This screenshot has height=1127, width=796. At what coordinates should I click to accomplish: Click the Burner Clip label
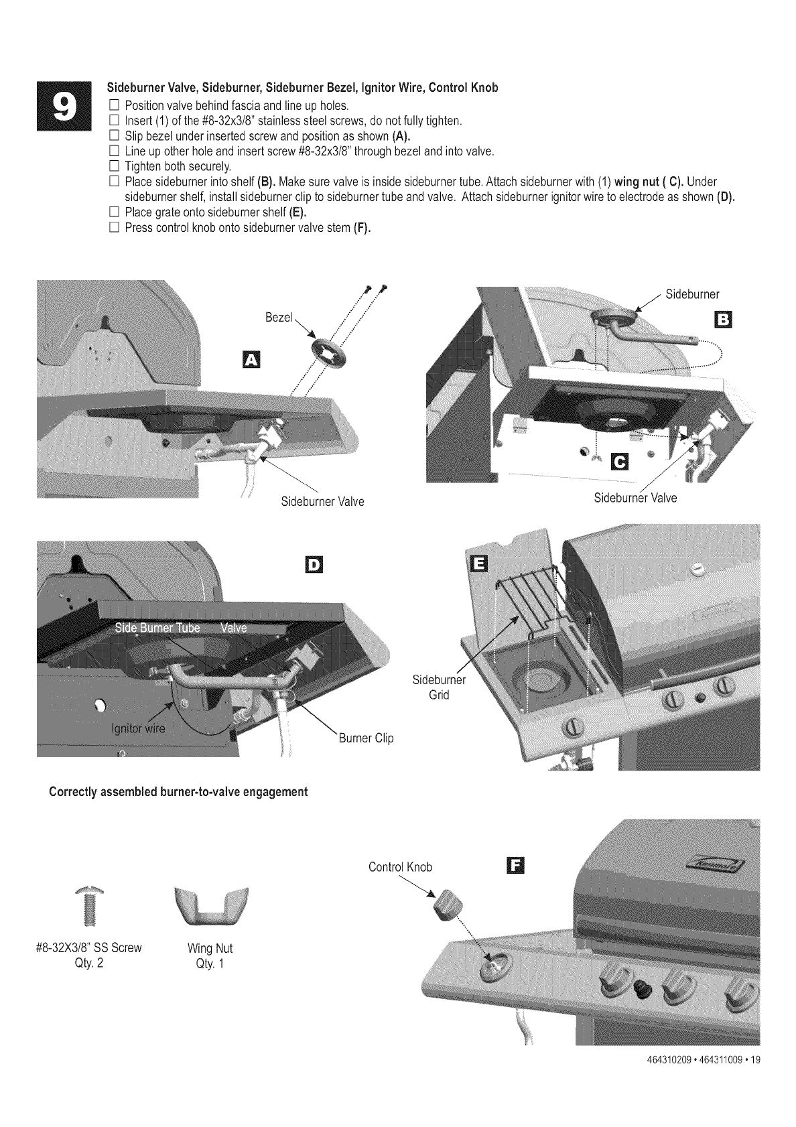click(366, 738)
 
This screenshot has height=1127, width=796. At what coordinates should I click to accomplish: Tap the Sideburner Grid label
click(439, 687)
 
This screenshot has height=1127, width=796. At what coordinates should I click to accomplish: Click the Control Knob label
click(400, 867)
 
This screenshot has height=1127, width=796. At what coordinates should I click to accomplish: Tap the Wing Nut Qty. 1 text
click(210, 956)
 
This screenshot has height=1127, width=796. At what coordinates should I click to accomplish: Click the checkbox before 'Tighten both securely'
click(113, 166)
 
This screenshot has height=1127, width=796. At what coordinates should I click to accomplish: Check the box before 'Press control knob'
click(113, 228)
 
